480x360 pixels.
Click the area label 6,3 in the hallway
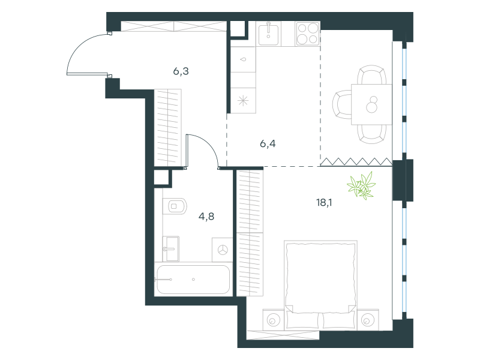(x=181, y=71)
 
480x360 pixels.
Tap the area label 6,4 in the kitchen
(x=268, y=143)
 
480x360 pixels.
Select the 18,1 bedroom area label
(x=324, y=202)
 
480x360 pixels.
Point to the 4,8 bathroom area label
(x=206, y=217)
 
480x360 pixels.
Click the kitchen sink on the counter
(x=268, y=34)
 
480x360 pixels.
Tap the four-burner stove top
(x=308, y=34)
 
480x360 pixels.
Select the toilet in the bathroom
(x=175, y=206)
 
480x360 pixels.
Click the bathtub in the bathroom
(x=193, y=280)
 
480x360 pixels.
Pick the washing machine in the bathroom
(x=222, y=250)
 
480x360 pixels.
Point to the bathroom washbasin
(x=170, y=248)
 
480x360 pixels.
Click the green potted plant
(x=362, y=185)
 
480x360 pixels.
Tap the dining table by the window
(x=371, y=104)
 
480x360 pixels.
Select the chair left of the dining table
(x=342, y=104)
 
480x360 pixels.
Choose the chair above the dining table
(x=371, y=74)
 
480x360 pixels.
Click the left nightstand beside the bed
(x=274, y=320)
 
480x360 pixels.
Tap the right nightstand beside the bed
(x=368, y=320)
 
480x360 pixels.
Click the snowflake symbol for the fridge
(x=243, y=100)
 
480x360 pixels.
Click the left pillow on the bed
(x=303, y=320)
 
